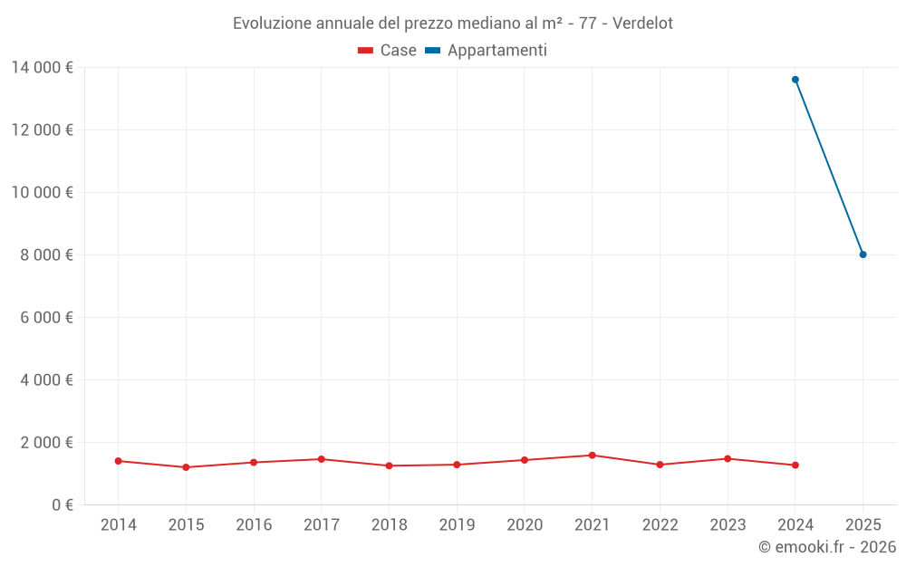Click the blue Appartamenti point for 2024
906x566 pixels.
click(795, 80)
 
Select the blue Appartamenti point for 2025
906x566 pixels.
click(863, 254)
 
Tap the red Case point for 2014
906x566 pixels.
click(119, 461)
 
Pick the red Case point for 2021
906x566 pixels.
click(593, 456)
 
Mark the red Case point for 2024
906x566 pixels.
click(795, 465)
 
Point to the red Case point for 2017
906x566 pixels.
click(322, 459)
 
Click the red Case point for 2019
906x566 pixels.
click(457, 465)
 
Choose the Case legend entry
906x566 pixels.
click(388, 51)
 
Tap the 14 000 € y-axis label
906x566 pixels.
click(42, 67)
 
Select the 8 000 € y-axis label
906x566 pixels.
click(46, 254)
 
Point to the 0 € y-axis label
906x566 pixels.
click(63, 504)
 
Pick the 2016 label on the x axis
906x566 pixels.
click(254, 525)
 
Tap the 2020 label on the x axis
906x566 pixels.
click(525, 525)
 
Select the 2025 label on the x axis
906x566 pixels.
click(863, 525)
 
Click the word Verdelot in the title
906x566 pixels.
click(642, 24)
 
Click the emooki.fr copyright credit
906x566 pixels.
click(826, 547)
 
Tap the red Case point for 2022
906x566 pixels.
click(660, 465)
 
